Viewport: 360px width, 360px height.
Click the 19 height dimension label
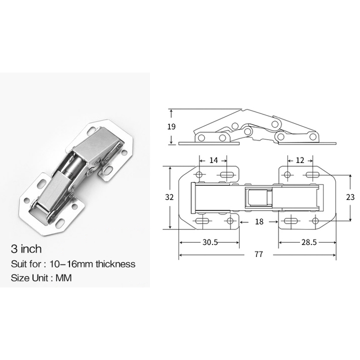pos(171,126)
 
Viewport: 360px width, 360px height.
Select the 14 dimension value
pos(213,160)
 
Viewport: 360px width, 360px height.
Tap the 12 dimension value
pos(300,160)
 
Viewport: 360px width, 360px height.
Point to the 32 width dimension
pos(169,197)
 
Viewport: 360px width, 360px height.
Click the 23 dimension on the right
pos(350,197)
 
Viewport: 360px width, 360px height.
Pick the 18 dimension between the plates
pos(258,221)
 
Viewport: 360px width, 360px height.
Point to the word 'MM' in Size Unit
pos(64,278)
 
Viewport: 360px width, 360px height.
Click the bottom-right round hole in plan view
pos(314,221)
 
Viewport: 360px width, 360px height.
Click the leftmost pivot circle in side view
pos(201,137)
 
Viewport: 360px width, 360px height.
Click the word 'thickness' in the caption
pos(116,264)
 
